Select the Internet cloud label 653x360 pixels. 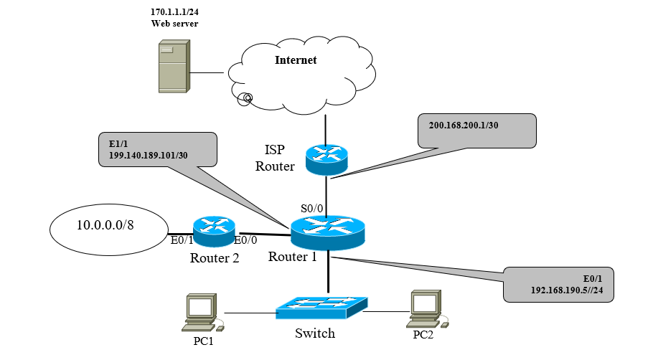pos(296,60)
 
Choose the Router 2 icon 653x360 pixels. pos(215,231)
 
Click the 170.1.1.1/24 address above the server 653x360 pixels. pos(174,13)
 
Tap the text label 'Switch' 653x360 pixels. pos(315,333)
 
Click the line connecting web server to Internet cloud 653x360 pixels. pos(209,72)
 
